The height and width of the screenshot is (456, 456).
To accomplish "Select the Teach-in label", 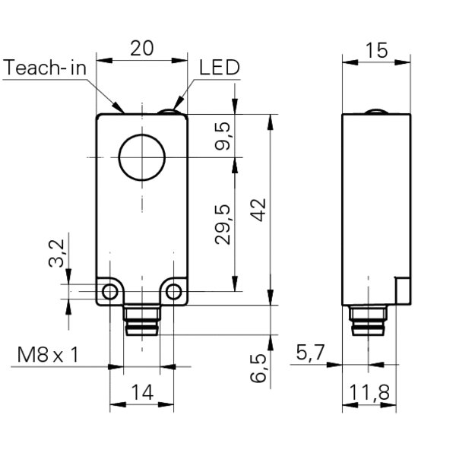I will point(46,68).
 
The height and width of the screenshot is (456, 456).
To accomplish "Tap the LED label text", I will point(219,68).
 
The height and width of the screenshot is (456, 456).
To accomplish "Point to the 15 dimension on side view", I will point(376,50).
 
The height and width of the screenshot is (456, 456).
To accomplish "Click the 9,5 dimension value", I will point(223,137).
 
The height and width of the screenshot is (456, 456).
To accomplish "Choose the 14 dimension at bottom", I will point(142,392).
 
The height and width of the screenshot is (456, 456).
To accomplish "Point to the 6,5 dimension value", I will point(258,368).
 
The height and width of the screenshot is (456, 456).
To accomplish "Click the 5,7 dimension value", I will point(312,352).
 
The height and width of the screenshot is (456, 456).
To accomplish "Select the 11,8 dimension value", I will point(369,392).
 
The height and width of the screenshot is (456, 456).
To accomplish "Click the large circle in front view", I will point(141,159).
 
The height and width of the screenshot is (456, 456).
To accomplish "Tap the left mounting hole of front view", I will point(110,291).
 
